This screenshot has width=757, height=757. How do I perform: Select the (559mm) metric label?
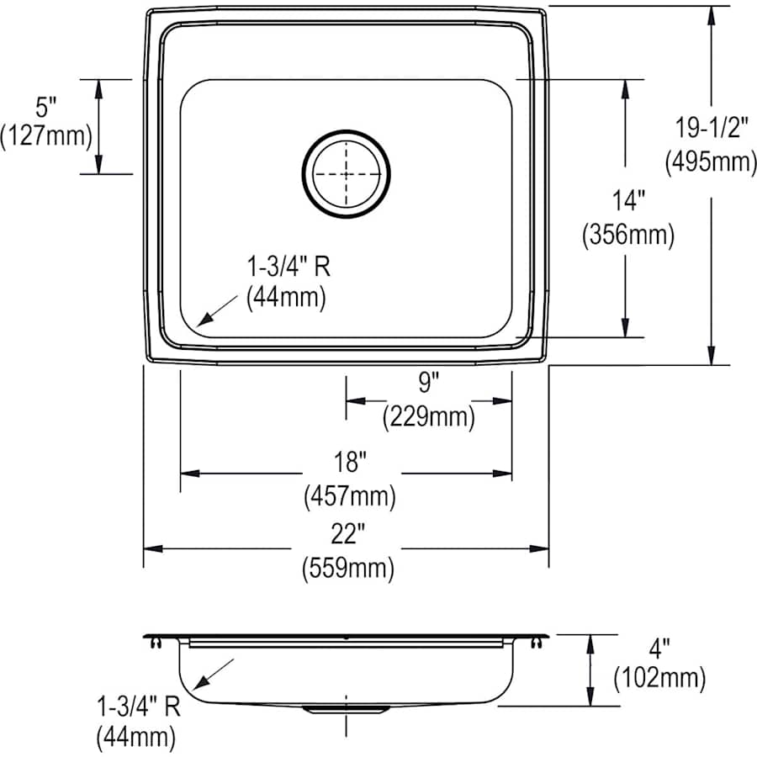click(348, 569)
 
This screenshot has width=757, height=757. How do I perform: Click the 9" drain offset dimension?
click(429, 384)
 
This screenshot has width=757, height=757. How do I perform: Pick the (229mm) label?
click(429, 416)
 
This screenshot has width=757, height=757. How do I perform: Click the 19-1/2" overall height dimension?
click(711, 126)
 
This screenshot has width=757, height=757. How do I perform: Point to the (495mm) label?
click(711, 161)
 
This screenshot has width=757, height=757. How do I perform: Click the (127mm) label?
click(45, 135)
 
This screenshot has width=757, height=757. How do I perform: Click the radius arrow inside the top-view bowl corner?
click(216, 310)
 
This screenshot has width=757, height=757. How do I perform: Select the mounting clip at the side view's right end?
click(536, 642)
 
